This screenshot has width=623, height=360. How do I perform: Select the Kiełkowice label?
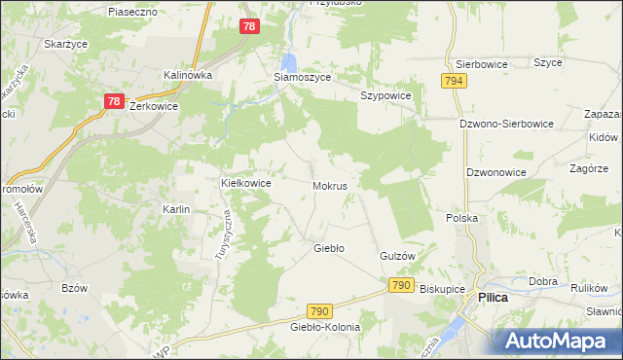point(245,182)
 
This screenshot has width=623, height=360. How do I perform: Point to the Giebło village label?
point(328,248)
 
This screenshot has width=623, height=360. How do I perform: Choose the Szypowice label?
point(385,96)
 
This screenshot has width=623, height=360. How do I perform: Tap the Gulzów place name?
point(397,255)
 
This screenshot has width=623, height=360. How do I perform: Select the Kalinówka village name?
point(189,75)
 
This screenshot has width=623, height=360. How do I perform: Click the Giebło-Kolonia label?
point(324,327)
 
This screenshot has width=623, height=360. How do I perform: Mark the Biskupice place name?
point(443,289)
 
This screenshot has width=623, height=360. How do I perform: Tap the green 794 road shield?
point(452,82)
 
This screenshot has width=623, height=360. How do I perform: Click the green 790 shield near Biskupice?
point(400,285)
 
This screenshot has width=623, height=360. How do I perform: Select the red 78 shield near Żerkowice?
point(114,100)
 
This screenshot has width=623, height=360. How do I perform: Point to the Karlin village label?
point(176,209)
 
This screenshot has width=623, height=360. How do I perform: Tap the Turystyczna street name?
point(222,235)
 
